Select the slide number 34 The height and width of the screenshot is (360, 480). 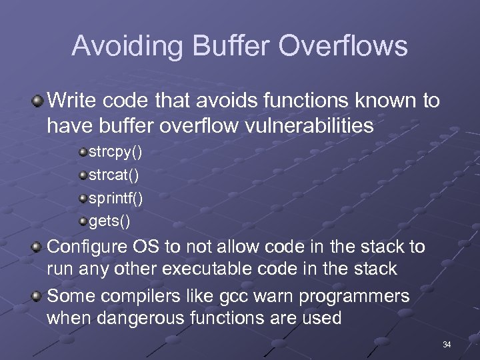447,345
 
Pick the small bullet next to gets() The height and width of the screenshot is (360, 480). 83,221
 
